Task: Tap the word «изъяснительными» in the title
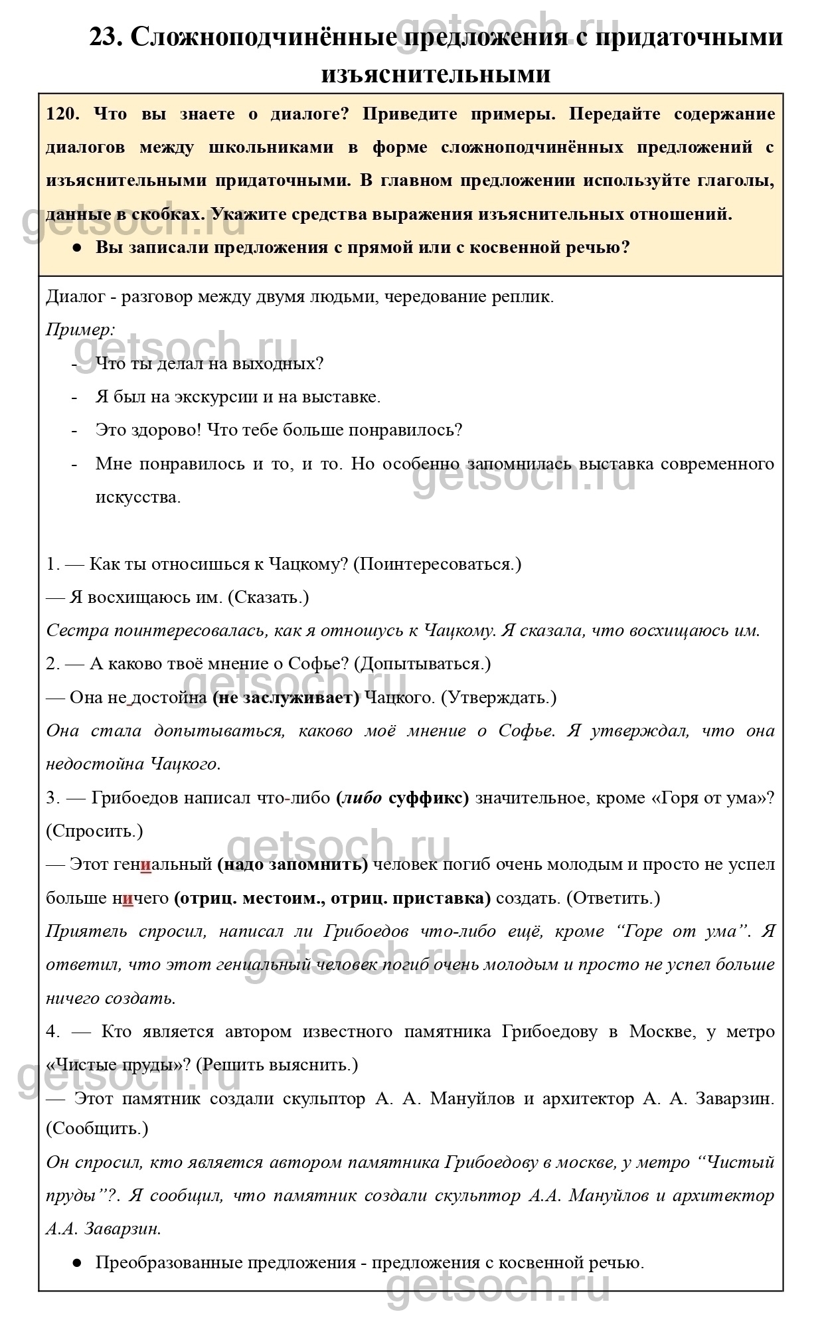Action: pos(436,74)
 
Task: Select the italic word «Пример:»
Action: pos(80,330)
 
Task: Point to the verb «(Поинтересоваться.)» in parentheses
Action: pos(437,564)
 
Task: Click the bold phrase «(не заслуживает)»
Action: pos(286,697)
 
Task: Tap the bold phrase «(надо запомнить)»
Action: pos(292,865)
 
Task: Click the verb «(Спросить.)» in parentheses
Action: pos(94,831)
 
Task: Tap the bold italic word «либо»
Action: pos(361,797)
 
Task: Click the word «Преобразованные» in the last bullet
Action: pos(169,1262)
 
